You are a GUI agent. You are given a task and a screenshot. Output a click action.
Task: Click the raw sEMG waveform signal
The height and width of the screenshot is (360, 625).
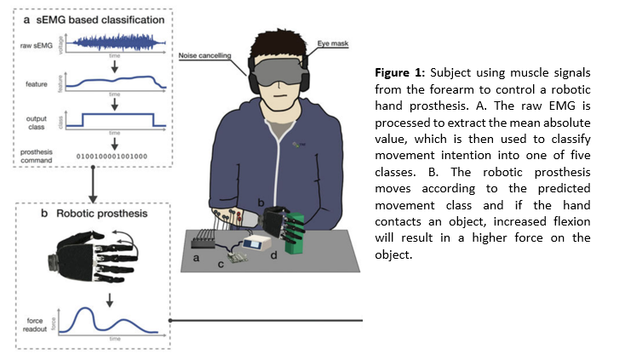click(x=112, y=40)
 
